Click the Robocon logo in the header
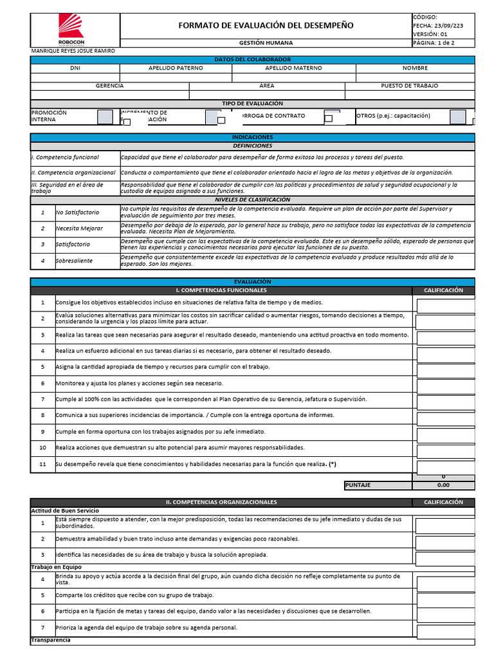point(71,28)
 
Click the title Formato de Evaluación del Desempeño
point(265,26)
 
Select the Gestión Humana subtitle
point(266,42)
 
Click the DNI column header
point(75,68)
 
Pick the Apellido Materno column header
point(289,68)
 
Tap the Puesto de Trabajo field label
point(409,86)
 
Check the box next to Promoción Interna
point(104,116)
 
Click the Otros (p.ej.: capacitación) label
point(393,116)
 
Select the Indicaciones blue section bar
point(252,137)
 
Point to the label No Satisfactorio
point(77,212)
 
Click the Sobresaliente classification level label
point(74,261)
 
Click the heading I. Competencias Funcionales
point(221,290)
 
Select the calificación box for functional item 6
point(445,384)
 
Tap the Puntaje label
point(358,485)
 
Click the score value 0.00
point(443,485)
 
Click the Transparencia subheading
point(51,640)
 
